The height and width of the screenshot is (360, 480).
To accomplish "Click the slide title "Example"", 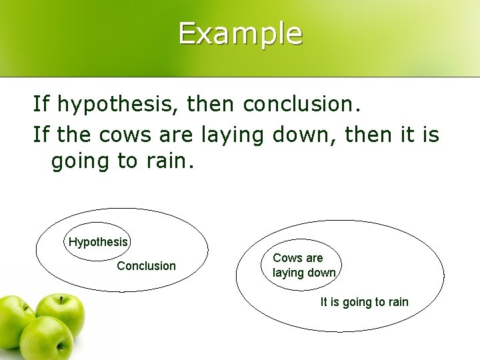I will [x=240, y=33].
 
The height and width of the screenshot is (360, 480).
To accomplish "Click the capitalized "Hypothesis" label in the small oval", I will [x=98, y=242].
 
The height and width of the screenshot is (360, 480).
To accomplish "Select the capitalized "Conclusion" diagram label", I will [x=146, y=266].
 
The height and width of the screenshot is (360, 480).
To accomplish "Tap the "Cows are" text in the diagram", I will [x=297, y=258].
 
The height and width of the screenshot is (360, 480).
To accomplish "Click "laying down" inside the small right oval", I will [x=303, y=272].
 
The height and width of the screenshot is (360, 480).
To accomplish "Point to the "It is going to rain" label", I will [x=364, y=302].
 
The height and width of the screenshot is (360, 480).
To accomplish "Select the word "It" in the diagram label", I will [x=325, y=302].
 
